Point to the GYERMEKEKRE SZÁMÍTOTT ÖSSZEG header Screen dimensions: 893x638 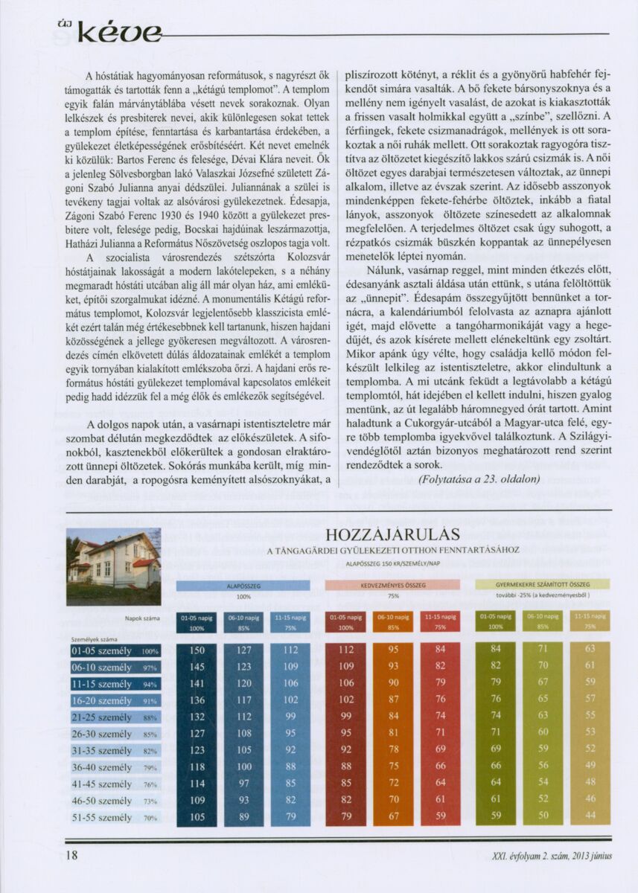(542, 585)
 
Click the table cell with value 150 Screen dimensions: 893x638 (197, 650)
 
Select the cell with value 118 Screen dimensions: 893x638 (197, 767)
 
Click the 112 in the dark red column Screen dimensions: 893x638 (346, 650)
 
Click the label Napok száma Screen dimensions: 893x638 (142, 618)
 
